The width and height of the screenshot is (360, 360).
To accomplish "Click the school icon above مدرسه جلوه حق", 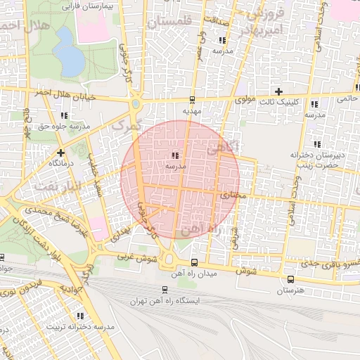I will [x=65, y=115].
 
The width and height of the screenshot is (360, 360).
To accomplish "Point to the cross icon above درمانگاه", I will [x=61, y=152].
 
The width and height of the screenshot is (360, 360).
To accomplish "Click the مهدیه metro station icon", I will [x=193, y=100].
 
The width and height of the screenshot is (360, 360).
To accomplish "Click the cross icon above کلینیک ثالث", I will [x=279, y=92].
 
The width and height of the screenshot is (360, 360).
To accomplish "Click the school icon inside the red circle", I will [x=174, y=155].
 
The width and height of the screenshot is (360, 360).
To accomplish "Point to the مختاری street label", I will [x=235, y=195].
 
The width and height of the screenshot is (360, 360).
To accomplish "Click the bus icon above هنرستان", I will [x=290, y=279].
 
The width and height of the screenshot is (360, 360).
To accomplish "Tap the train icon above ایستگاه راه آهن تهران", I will [x=165, y=289].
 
